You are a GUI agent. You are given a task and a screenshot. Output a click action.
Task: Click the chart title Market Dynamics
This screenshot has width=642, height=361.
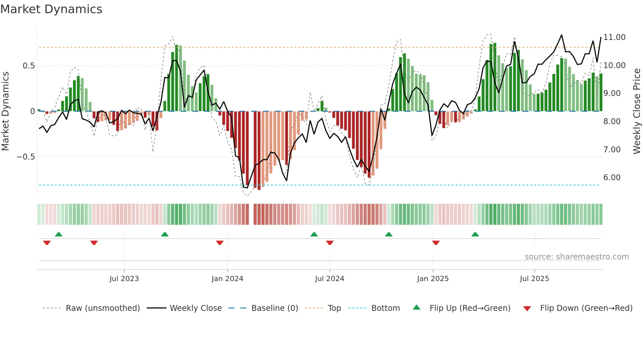tap(51, 9)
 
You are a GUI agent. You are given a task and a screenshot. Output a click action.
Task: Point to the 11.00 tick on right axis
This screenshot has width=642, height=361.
tap(614, 37)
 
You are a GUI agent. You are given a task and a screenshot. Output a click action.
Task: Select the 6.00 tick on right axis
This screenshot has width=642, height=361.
tap(612, 178)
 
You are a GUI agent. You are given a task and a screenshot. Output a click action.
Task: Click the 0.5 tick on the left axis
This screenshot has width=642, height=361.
tap(28, 66)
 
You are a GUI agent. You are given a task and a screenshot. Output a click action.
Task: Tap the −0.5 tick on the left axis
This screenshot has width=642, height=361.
tap(26, 157)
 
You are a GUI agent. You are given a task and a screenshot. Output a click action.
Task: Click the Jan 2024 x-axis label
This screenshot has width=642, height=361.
tap(227, 279)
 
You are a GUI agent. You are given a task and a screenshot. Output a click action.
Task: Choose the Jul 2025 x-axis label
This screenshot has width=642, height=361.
tap(534, 279)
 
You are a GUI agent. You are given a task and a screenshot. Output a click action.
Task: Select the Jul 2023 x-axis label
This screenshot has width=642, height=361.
tap(124, 279)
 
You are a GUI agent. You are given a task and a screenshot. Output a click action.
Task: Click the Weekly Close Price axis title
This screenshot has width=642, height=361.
tap(636, 111)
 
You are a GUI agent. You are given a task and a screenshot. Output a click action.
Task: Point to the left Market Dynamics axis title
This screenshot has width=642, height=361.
tap(5, 111)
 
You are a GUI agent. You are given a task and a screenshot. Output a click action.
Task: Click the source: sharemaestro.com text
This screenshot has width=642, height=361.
tap(576, 257)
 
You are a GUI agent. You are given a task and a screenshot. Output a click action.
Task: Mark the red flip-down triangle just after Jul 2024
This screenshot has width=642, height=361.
tap(330, 243)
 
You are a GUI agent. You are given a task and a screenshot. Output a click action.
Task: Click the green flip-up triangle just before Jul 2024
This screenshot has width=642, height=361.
tap(314, 234)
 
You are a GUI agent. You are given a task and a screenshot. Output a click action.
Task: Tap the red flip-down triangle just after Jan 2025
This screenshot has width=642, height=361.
tap(436, 243)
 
